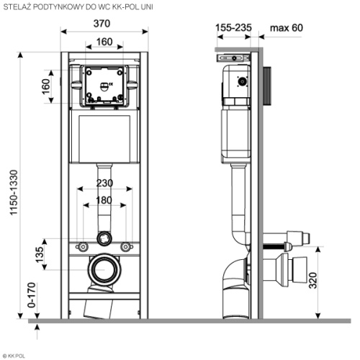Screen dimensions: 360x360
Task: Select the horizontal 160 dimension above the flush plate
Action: coord(105,42)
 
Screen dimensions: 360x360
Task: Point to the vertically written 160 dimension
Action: coord(46,87)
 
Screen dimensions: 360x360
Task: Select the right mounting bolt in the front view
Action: coord(127,246)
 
